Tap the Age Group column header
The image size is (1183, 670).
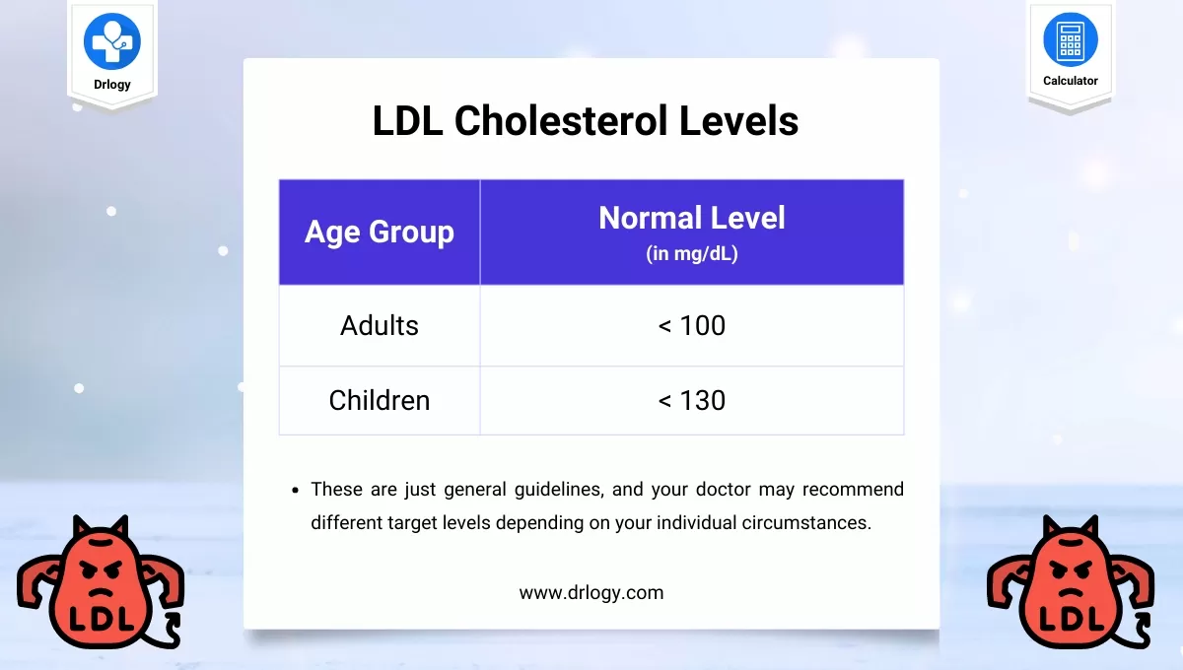coord(380,232)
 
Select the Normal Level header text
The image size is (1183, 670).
coord(692,218)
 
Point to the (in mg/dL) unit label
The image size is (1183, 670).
coord(692,253)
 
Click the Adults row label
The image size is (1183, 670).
coord(380,325)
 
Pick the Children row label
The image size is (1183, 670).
coord(380,400)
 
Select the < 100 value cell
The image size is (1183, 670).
coord(692,325)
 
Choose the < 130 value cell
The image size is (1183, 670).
coord(692,400)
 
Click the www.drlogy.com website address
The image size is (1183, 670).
coord(591,593)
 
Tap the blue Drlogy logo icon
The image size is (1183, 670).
coord(112,41)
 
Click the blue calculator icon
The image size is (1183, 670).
coord(1071,39)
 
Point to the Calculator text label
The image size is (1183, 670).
coord(1071,81)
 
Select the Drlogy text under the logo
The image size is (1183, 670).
coord(112,85)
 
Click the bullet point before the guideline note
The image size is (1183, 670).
coord(295,491)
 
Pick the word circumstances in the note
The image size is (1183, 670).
coord(806,522)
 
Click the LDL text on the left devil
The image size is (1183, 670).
coord(102,619)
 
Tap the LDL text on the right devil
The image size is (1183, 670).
coord(1072,619)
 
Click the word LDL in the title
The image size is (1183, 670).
coord(407,120)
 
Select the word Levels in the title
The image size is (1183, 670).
coord(738,120)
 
